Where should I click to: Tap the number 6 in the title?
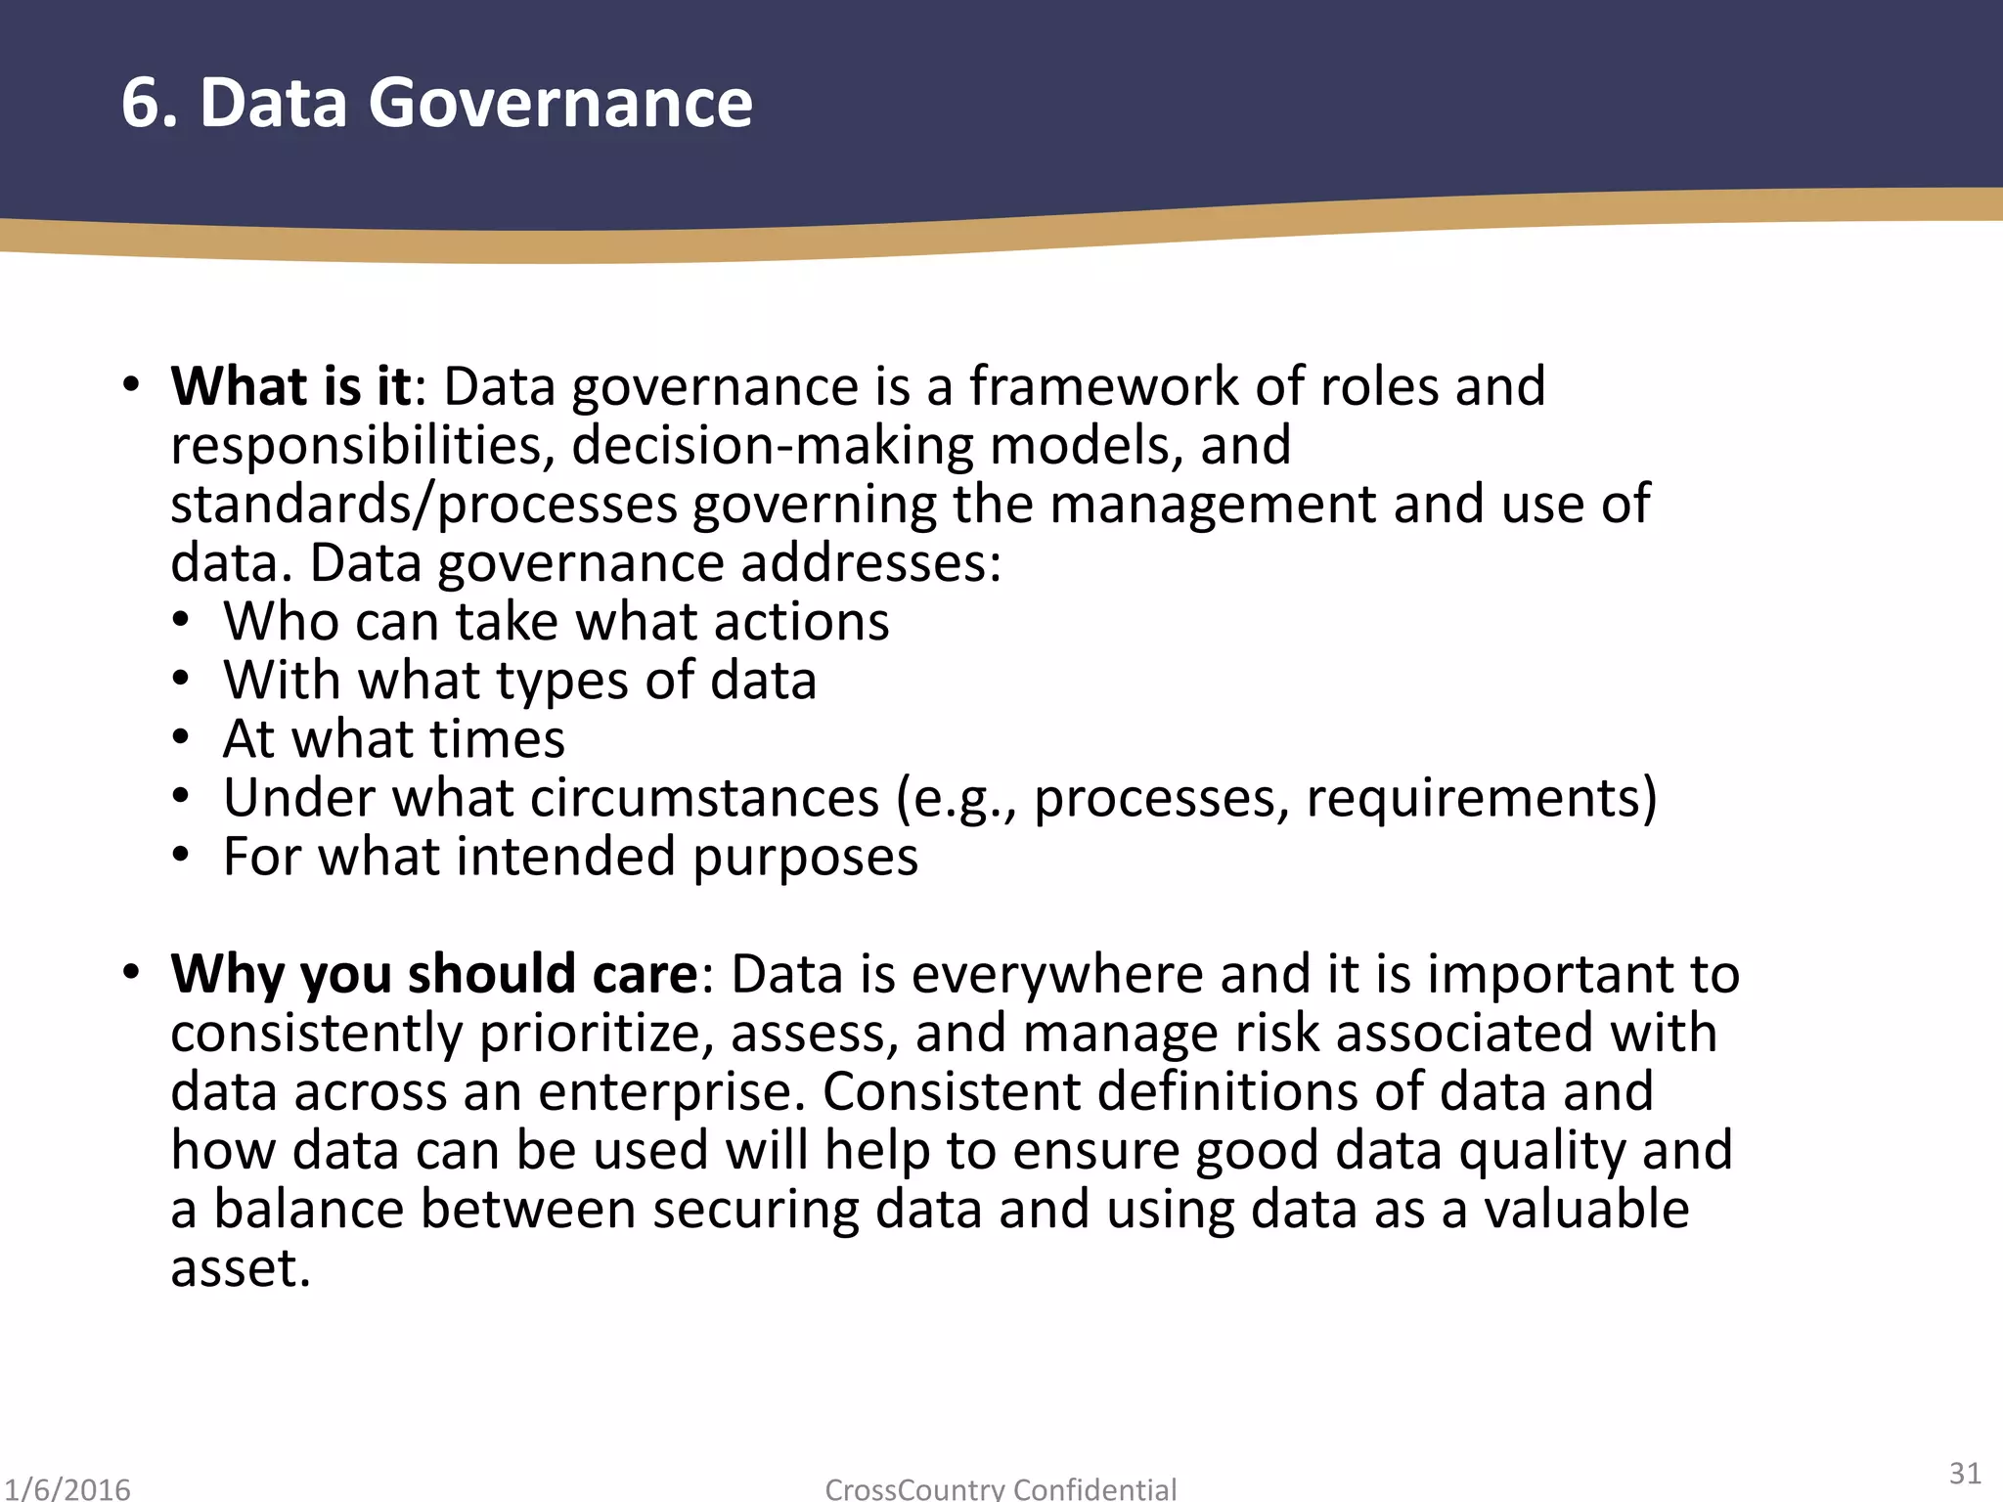pyautogui.click(x=140, y=103)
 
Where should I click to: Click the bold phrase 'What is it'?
pyautogui.click(x=290, y=386)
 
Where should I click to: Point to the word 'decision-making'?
pyautogui.click(x=773, y=446)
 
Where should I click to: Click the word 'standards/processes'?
pyautogui.click(x=423, y=506)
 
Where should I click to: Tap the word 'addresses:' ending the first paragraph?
pyautogui.click(x=870, y=564)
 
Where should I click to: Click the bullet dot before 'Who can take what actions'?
pyautogui.click(x=180, y=622)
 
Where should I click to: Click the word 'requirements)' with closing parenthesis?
pyautogui.click(x=1482, y=798)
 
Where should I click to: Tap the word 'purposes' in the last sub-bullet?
pyautogui.click(x=806, y=858)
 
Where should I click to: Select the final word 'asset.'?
pyautogui.click(x=241, y=1268)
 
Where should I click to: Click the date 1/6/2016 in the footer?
pyautogui.click(x=67, y=1489)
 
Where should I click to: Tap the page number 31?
pyautogui.click(x=1965, y=1474)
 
